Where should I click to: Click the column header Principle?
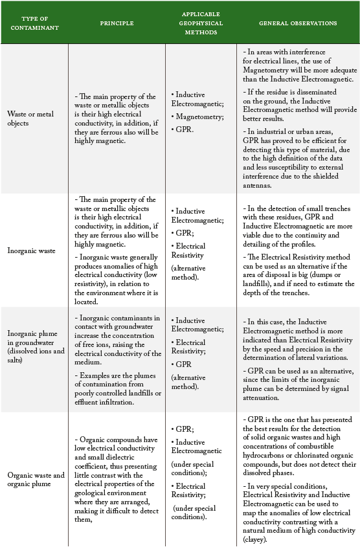(117, 23)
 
